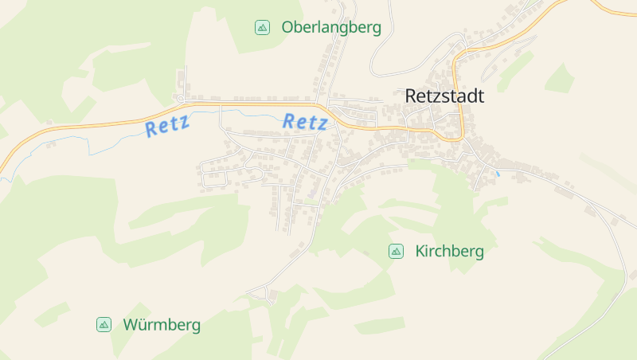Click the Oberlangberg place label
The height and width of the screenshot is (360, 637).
point(331,27)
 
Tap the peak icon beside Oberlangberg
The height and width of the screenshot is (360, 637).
point(261,27)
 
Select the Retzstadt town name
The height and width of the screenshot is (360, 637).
point(444,96)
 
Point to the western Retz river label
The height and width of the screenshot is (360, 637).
point(167,125)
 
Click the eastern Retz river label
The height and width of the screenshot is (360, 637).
point(305,122)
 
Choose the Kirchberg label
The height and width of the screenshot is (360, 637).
point(449,252)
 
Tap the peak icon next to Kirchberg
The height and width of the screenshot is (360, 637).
point(395,252)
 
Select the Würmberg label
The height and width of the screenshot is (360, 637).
point(162,325)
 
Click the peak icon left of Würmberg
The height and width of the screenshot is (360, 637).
point(104,325)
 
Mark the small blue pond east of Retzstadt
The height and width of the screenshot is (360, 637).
point(498,173)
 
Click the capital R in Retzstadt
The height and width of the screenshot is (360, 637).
point(411,96)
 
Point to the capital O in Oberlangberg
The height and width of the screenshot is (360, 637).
point(287,27)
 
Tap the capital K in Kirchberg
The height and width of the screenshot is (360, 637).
point(420,252)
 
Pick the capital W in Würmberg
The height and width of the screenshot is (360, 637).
point(131,325)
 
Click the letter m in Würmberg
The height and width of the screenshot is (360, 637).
point(160,326)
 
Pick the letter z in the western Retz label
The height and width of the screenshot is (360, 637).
point(185,122)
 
